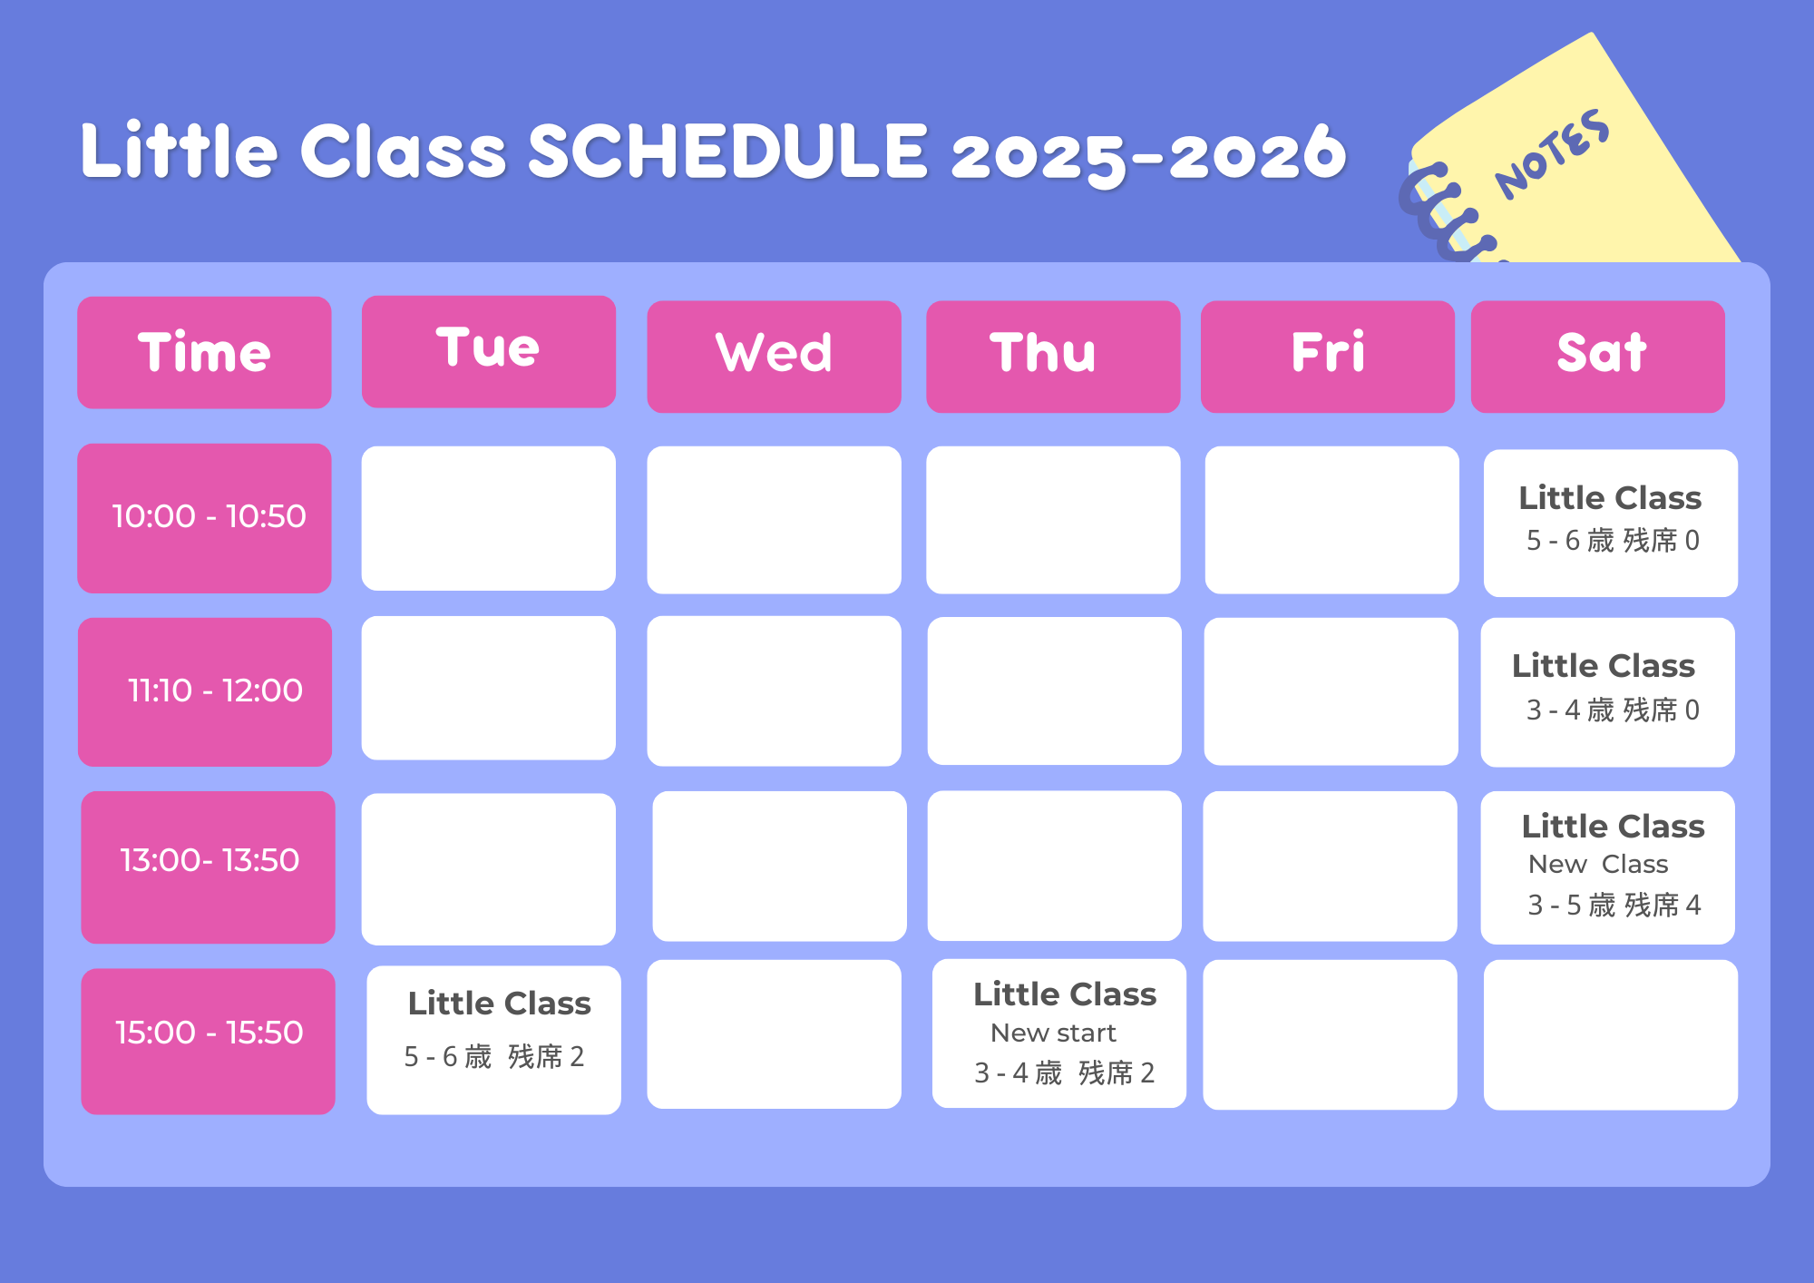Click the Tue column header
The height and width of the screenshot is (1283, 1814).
[x=489, y=351]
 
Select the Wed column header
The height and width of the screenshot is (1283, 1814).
[x=774, y=357]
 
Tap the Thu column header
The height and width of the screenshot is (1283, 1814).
[x=1053, y=357]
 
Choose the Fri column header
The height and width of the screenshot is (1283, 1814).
[x=1328, y=357]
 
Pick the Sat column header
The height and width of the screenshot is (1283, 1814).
[x=1598, y=357]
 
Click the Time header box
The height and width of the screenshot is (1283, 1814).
[x=204, y=352]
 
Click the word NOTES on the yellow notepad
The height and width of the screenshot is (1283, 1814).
[x=1553, y=154]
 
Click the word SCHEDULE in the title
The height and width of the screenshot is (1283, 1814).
[x=727, y=151]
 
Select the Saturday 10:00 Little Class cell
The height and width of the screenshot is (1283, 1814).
[x=1611, y=524]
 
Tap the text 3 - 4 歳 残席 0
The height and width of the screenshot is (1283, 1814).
[x=1613, y=710]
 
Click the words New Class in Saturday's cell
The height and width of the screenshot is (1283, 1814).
[x=1598, y=864]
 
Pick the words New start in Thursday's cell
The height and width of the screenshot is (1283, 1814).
[x=1053, y=1033]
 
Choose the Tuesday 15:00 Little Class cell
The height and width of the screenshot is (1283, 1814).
[x=494, y=1040]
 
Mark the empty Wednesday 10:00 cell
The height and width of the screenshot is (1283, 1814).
[x=774, y=520]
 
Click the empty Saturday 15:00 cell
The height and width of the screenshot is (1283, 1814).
[x=1611, y=1035]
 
